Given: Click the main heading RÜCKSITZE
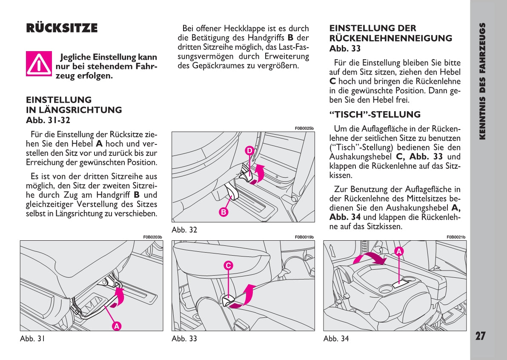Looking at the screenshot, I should pyautogui.click(x=62, y=29).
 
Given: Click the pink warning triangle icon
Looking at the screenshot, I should pyautogui.click(x=39, y=63).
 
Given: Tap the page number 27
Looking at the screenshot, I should pyautogui.click(x=480, y=336).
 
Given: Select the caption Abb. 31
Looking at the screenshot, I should pyautogui.click(x=32, y=339).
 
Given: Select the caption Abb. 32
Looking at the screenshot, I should pyautogui.click(x=184, y=230).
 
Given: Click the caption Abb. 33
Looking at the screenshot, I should pyautogui.click(x=184, y=339).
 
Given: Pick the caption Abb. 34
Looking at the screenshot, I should pyautogui.click(x=336, y=339).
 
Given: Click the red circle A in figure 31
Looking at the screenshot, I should pyautogui.click(x=116, y=326).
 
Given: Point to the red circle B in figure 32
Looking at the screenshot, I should pyautogui.click(x=224, y=212).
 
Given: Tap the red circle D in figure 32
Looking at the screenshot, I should pyautogui.click(x=249, y=150).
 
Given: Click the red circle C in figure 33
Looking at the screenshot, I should pyautogui.click(x=228, y=265).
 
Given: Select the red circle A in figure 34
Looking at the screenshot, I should pyautogui.click(x=399, y=251).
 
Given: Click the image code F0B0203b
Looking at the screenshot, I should pyautogui.click(x=153, y=237).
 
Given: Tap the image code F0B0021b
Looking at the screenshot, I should pyautogui.click(x=456, y=237).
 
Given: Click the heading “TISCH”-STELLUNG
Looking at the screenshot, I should pyautogui.click(x=375, y=115).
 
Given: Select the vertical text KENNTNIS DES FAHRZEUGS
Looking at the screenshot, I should pyautogui.click(x=482, y=81).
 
